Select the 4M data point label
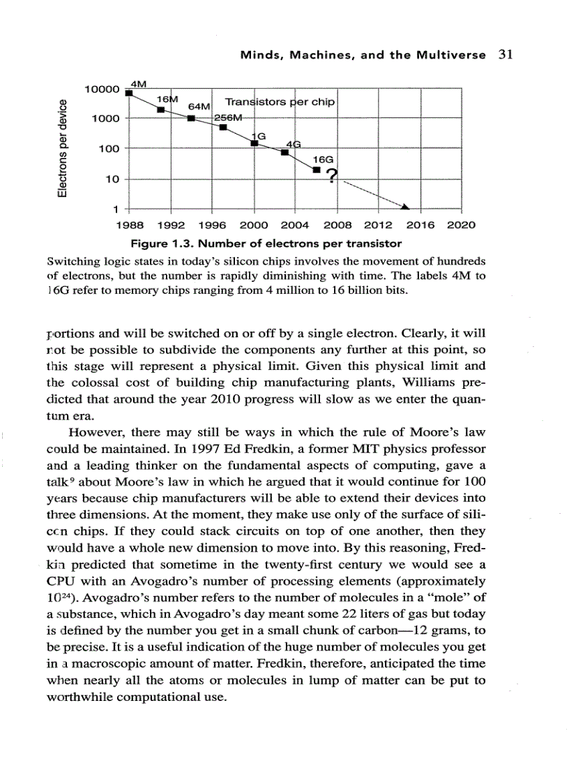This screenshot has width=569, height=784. pyautogui.click(x=140, y=84)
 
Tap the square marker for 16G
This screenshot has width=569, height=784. pyautogui.click(x=316, y=170)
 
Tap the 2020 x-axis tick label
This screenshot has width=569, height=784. pyautogui.click(x=461, y=225)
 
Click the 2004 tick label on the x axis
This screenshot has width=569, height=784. pyautogui.click(x=295, y=225)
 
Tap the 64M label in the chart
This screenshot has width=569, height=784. pyautogui.click(x=199, y=106)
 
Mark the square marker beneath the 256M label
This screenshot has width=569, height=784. pyautogui.click(x=223, y=127)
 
